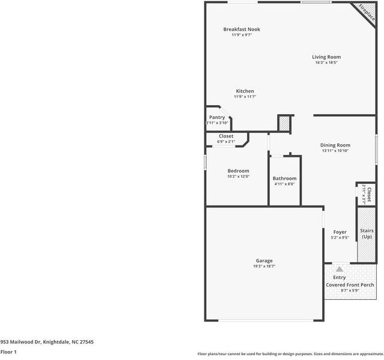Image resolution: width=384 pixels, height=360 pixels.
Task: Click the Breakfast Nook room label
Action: click(x=242, y=29)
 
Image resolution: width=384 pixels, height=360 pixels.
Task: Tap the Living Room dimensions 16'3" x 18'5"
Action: click(x=326, y=63)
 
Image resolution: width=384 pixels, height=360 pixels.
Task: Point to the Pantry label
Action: click(x=217, y=117)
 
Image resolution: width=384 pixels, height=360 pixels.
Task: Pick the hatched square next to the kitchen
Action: click(x=284, y=123)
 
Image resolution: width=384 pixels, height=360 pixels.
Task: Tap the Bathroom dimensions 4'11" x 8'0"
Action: click(x=284, y=184)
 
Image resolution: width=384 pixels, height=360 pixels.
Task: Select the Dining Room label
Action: click(x=335, y=145)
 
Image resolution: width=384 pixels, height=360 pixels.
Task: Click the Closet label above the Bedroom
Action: click(x=226, y=136)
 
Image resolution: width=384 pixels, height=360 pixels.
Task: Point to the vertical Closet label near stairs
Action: click(x=369, y=194)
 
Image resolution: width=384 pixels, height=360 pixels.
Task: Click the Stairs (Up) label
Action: click(x=367, y=234)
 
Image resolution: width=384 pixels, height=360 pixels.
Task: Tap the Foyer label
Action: click(x=340, y=231)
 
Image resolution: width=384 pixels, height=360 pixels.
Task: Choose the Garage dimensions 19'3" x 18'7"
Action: click(x=264, y=266)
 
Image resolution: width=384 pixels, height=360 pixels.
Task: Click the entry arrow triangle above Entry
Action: click(x=340, y=269)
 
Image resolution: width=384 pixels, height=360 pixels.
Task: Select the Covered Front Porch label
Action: click(x=350, y=284)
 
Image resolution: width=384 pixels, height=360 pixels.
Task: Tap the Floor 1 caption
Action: click(x=8, y=352)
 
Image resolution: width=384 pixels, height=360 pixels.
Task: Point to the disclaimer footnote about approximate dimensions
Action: click(x=290, y=354)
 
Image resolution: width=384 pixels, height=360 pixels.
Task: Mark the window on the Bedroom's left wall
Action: click(x=205, y=162)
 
